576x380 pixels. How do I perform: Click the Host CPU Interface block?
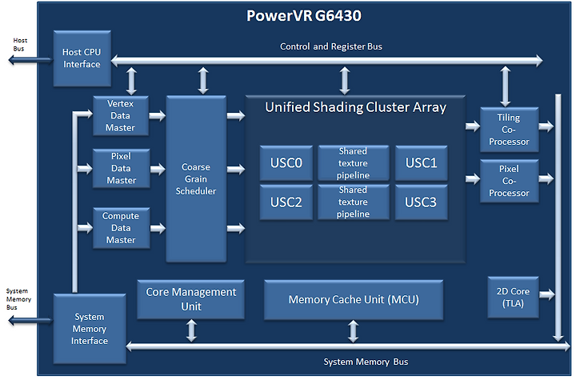pos(82,58)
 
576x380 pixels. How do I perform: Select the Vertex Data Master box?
pos(121,116)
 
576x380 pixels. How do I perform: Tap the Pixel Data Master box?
pos(122,168)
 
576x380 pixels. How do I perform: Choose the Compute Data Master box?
pos(122,228)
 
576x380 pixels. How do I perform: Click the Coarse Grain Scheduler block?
pos(196,179)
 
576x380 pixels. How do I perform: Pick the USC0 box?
pos(286,163)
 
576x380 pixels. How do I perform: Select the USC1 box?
pos(422,163)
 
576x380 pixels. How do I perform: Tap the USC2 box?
pos(286,202)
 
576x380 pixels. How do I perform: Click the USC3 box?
pos(422,202)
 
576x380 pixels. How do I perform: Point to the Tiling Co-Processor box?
pos(510,130)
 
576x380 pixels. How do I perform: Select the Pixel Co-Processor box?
pos(510,181)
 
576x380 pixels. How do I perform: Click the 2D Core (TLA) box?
pos(513,298)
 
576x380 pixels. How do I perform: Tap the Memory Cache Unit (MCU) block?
pos(354,300)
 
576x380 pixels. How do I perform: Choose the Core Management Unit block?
pos(191,299)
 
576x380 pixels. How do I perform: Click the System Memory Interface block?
pos(90,329)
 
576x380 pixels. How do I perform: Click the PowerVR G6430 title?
pos(304,15)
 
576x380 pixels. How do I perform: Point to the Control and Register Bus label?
pos(331,46)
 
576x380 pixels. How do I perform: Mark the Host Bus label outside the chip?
pos(19,45)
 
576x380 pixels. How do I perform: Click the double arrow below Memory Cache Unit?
pos(353,331)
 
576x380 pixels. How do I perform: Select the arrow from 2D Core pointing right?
pos(547,294)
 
